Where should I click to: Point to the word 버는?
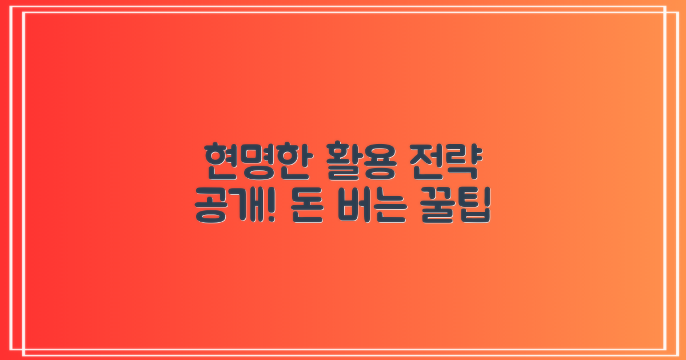pos(373,209)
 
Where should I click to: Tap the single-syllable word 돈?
pos(310,210)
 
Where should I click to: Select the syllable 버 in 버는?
pos(356,209)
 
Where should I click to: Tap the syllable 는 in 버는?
pos(390,210)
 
